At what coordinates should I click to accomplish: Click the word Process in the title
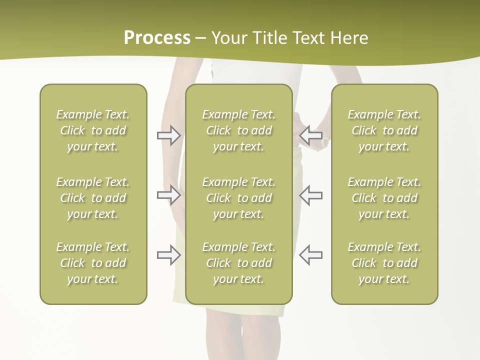tap(157, 38)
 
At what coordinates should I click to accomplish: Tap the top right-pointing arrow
tap(169, 135)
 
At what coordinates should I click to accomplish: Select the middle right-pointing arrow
tap(169, 194)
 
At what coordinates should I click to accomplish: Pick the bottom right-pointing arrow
tap(169, 254)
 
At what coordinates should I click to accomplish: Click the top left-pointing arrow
tap(310, 135)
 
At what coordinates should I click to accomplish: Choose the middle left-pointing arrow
tap(310, 194)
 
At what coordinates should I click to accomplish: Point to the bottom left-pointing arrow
tap(310, 254)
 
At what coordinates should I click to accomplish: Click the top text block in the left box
tap(93, 130)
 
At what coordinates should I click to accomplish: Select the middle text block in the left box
tap(93, 198)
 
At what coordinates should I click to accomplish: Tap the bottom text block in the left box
tap(93, 263)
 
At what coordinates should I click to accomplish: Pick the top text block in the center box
tap(238, 130)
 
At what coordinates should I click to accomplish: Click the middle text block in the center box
tap(238, 198)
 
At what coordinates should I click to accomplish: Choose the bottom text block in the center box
tap(238, 263)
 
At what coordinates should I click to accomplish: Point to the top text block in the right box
tap(384, 130)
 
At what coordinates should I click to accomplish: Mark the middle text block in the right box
tap(384, 198)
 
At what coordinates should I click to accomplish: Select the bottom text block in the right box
tap(384, 263)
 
